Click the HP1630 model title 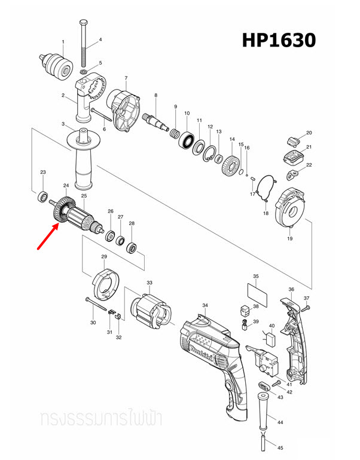[x=278, y=40]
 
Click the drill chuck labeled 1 [x=62, y=62]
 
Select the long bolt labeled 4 [x=84, y=42]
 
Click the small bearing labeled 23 [x=42, y=195]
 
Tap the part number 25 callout [x=84, y=196]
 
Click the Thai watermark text [x=101, y=416]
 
